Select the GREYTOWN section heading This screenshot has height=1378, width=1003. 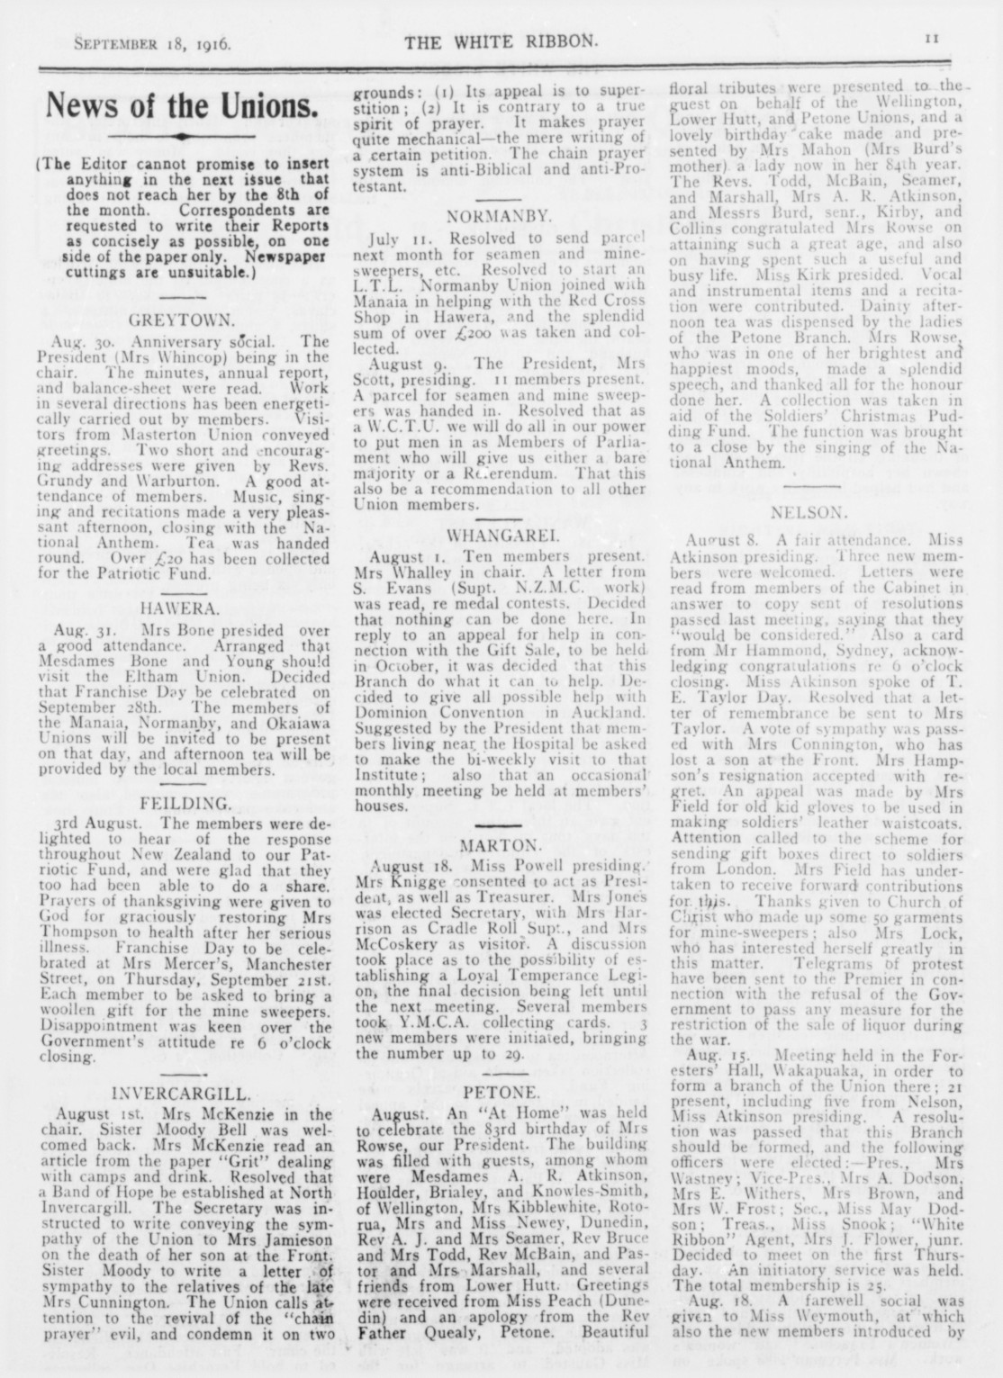point(183,320)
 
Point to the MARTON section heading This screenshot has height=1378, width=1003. point(501,845)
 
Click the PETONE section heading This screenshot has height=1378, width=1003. point(501,1093)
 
